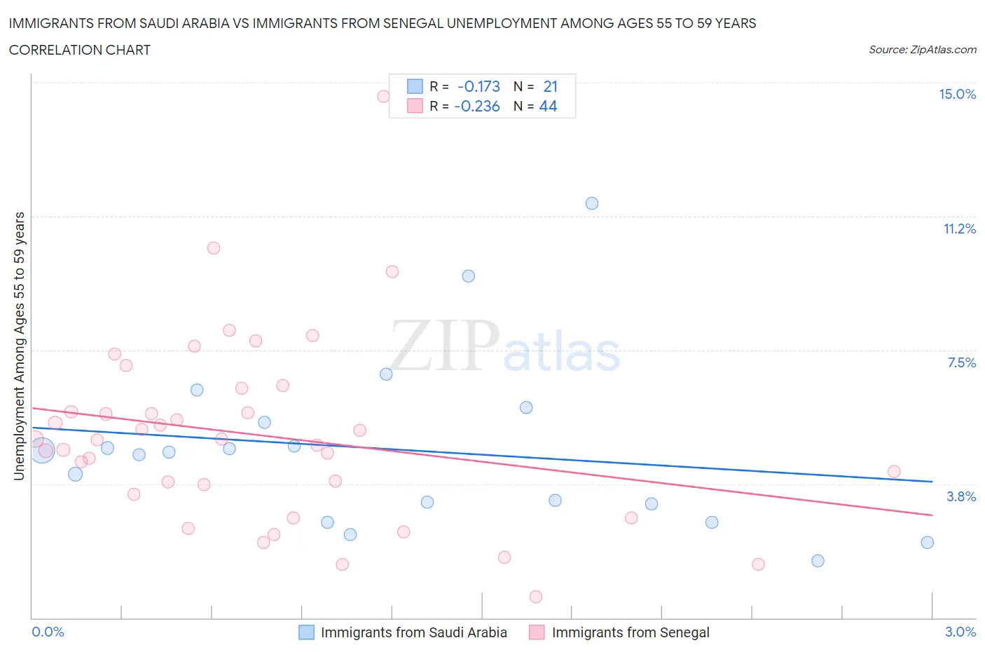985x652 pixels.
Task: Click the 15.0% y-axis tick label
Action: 957,94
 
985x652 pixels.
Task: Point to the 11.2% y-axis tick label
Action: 959,229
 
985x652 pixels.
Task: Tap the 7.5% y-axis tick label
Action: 961,362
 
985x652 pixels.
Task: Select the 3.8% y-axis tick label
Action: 961,496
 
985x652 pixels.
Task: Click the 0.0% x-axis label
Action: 48,632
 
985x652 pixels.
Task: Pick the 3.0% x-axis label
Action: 960,632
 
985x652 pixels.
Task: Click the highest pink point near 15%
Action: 383,96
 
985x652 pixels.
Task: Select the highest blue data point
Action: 592,203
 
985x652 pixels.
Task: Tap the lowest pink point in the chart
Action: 536,597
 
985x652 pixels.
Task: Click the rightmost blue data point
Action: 927,542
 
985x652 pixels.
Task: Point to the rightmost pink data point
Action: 894,471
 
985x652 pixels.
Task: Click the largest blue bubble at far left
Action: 42,450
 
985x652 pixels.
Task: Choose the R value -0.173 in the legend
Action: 478,86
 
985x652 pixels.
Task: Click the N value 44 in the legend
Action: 548,106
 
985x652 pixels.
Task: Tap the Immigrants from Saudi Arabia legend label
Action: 413,632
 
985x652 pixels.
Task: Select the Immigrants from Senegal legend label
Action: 631,632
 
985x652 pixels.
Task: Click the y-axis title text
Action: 19,346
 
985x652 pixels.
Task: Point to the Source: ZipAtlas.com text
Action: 922,50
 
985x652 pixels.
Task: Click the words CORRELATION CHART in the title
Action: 80,50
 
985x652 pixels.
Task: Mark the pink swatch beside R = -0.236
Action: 415,106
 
